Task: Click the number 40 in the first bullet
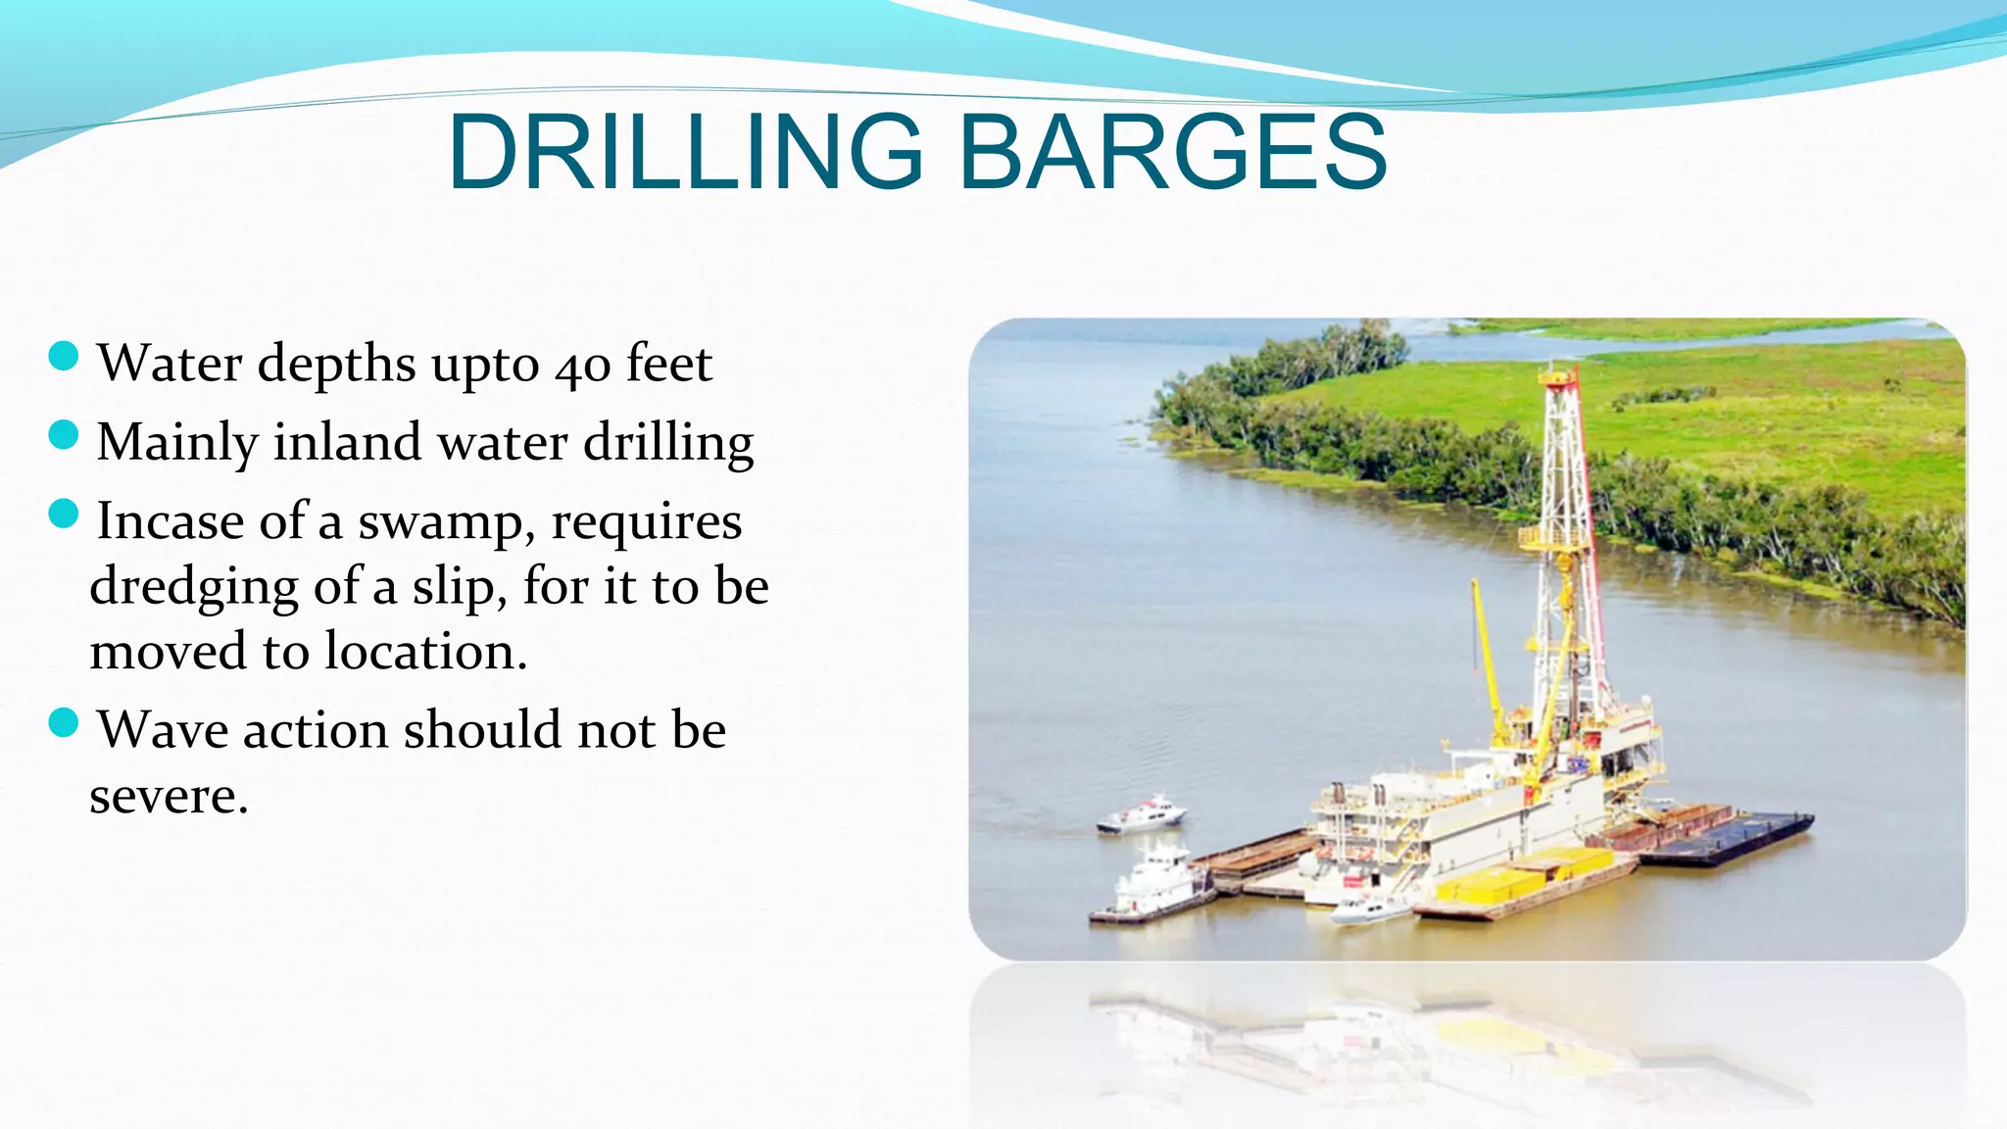pos(583,366)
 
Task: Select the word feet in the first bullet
pos(669,364)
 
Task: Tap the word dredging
pos(194,589)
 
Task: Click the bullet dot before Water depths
pos(63,357)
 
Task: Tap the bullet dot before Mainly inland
pos(63,435)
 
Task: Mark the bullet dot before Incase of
pos(63,514)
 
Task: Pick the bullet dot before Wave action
pos(63,723)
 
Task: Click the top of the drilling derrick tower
pos(1559,373)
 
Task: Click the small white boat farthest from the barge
pos(1142,816)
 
